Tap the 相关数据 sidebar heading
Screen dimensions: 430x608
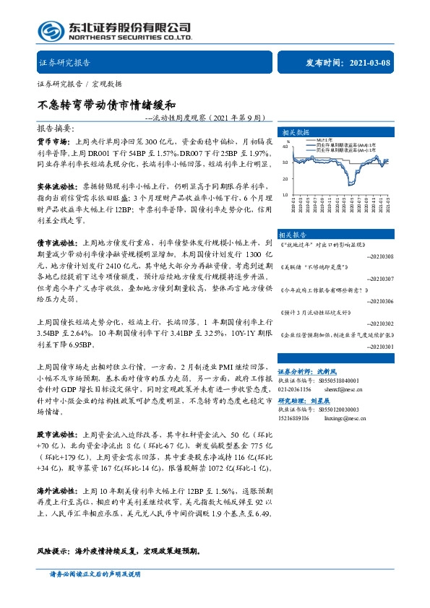point(294,133)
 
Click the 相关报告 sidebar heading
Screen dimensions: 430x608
point(294,235)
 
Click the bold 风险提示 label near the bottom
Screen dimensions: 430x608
point(53,550)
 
